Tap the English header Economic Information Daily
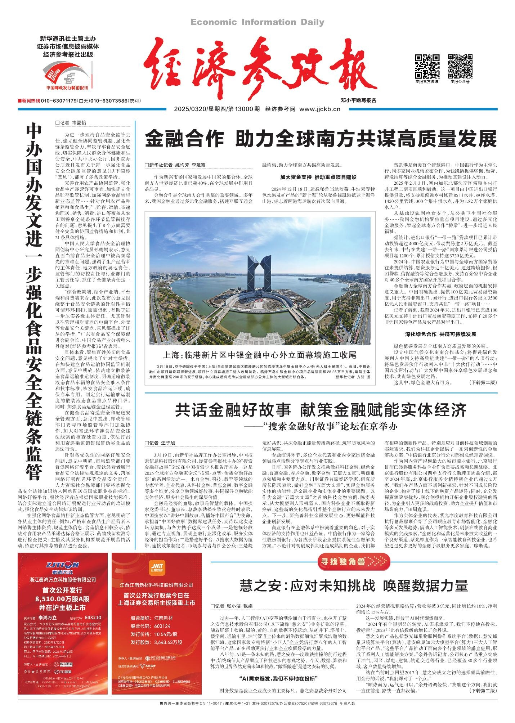point(257,22)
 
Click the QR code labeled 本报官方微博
point(427,66)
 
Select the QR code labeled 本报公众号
point(460,66)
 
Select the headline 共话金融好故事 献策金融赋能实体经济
point(321,410)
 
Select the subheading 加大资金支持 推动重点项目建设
point(318,178)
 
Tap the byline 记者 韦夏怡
point(71,122)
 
